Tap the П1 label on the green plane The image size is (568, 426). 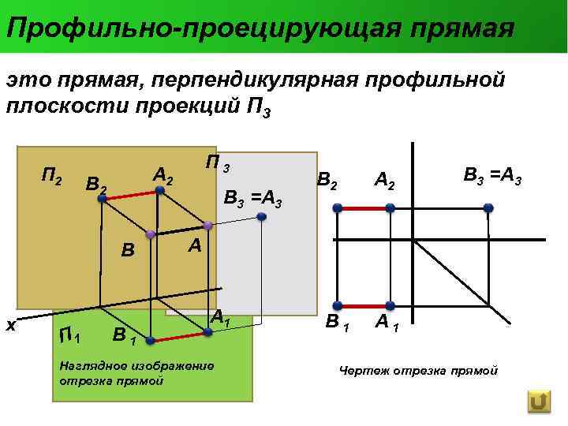tap(70, 337)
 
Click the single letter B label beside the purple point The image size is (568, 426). tap(128, 251)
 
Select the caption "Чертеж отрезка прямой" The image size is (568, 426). tap(418, 370)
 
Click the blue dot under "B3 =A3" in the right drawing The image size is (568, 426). tap(488, 208)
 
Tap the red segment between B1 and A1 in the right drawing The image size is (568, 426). tap(364, 305)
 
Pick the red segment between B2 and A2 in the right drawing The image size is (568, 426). tap(364, 208)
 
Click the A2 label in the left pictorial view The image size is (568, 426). tap(163, 176)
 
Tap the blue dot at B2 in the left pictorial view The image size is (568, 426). tap(103, 200)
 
